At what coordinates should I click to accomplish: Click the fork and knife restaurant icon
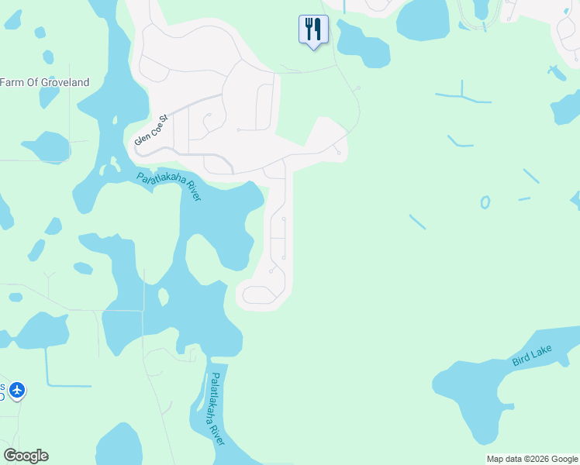[x=313, y=29]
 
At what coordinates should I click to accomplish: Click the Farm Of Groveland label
[x=45, y=83]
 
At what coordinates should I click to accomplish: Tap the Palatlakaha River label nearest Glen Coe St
[x=169, y=187]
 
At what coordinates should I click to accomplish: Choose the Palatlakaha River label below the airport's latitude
[x=216, y=408]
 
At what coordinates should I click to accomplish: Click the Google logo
[x=26, y=456]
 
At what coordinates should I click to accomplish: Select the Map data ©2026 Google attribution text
[x=532, y=459]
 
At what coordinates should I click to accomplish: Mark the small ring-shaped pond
[x=485, y=203]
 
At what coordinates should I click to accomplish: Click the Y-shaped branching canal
[x=463, y=97]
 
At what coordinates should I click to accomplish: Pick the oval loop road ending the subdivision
[x=259, y=294]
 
